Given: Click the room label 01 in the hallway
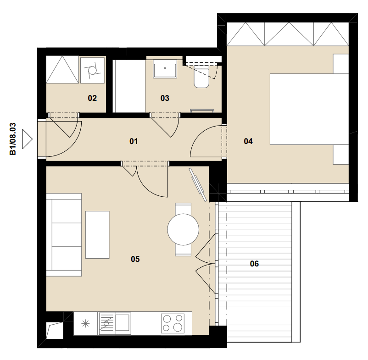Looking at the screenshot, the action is click(x=134, y=141).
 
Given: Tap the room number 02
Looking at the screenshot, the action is click(x=92, y=98).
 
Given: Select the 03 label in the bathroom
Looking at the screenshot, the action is click(x=165, y=98).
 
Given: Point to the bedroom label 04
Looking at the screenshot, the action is click(x=248, y=141).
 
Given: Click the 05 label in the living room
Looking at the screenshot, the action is click(x=135, y=259).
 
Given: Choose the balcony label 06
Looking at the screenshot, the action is click(x=254, y=264).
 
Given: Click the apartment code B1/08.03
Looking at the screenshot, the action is click(x=13, y=139).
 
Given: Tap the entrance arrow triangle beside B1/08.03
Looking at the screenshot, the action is click(x=27, y=139).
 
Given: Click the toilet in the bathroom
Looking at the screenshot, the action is click(x=201, y=77).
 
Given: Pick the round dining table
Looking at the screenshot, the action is click(x=183, y=229).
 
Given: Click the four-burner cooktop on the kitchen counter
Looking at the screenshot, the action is click(x=173, y=323).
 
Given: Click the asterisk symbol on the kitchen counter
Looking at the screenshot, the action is click(x=85, y=324).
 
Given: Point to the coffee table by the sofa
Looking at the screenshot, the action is click(x=97, y=234).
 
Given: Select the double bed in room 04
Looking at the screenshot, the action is click(x=309, y=109).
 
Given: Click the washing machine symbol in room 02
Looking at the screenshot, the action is click(x=93, y=70).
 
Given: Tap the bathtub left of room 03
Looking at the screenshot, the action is click(x=129, y=86).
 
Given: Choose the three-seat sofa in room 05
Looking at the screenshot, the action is click(x=64, y=235).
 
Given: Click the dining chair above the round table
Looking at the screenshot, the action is click(x=183, y=208).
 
